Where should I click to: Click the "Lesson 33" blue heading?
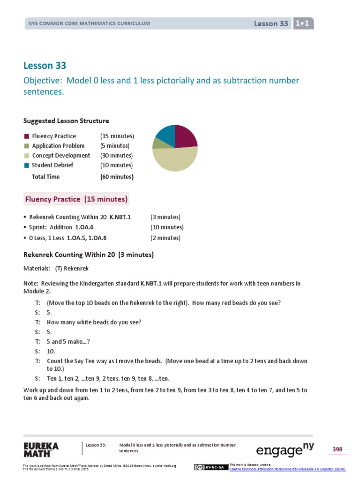45,65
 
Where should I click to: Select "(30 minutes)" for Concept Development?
116,156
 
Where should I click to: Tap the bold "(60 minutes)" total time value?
117,177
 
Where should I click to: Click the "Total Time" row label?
45,177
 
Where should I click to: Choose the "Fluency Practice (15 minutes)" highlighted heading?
76,199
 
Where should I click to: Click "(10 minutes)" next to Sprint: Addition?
167,227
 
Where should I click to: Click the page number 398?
337,450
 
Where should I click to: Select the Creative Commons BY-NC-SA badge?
211,467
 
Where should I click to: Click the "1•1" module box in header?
303,23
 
